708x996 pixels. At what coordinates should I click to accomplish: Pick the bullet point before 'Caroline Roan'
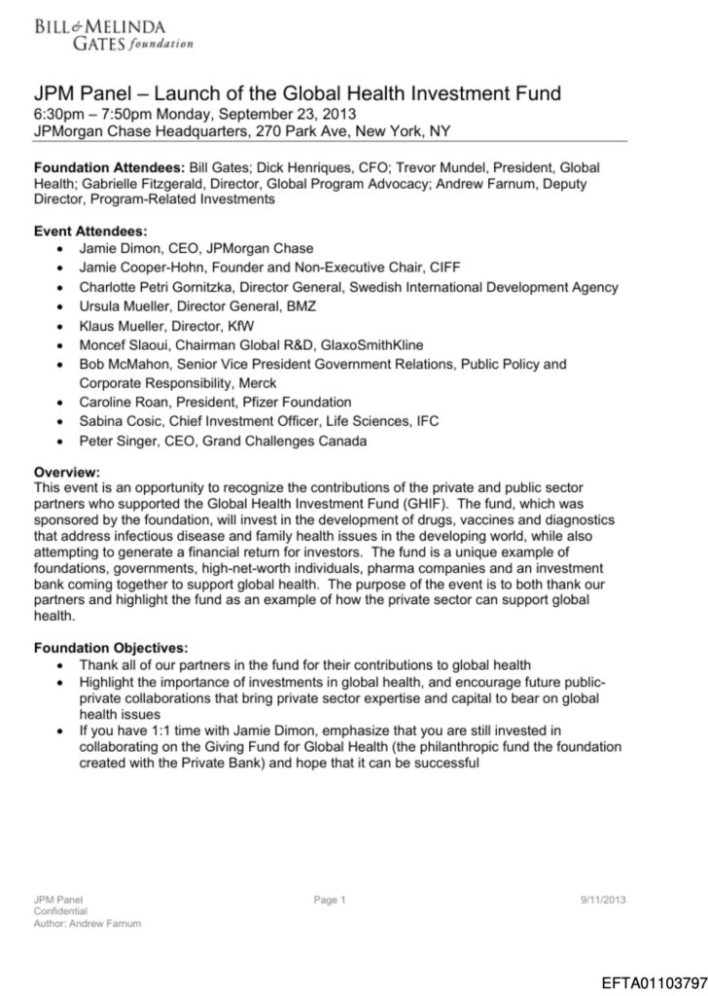click(x=61, y=402)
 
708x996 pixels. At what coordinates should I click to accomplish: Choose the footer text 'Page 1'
click(x=331, y=900)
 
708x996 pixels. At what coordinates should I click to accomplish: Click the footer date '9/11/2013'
click(x=602, y=900)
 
